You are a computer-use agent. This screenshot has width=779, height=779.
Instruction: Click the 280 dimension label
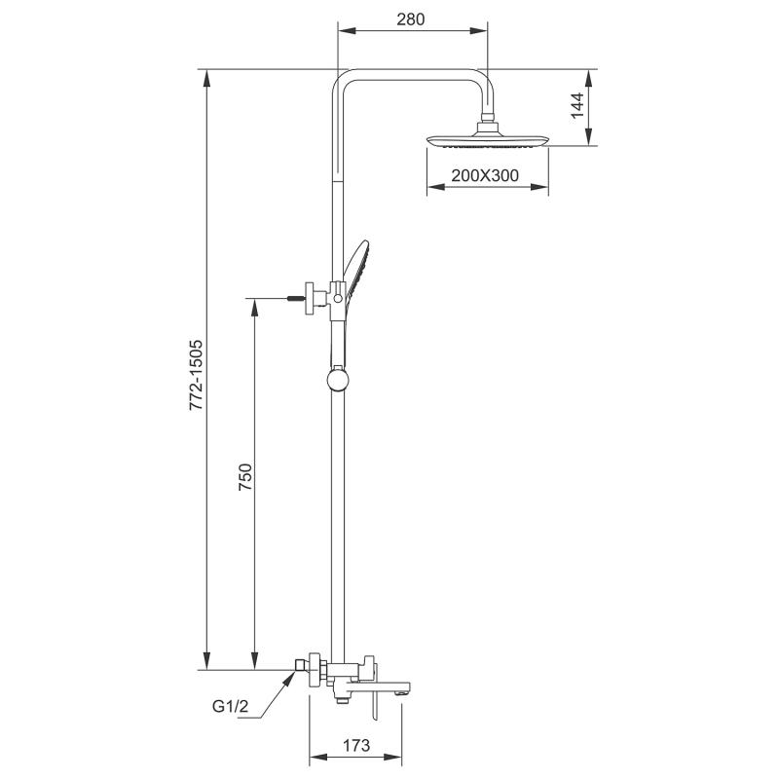pos(410,19)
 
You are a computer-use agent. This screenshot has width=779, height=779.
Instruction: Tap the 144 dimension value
pos(576,106)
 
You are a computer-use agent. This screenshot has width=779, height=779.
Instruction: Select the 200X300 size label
pos(485,176)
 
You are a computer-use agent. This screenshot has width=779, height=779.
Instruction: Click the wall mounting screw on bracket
pos(295,296)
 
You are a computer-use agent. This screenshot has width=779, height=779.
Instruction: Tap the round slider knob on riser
pos(336,377)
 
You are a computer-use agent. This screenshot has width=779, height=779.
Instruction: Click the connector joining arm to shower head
pos(487,124)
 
